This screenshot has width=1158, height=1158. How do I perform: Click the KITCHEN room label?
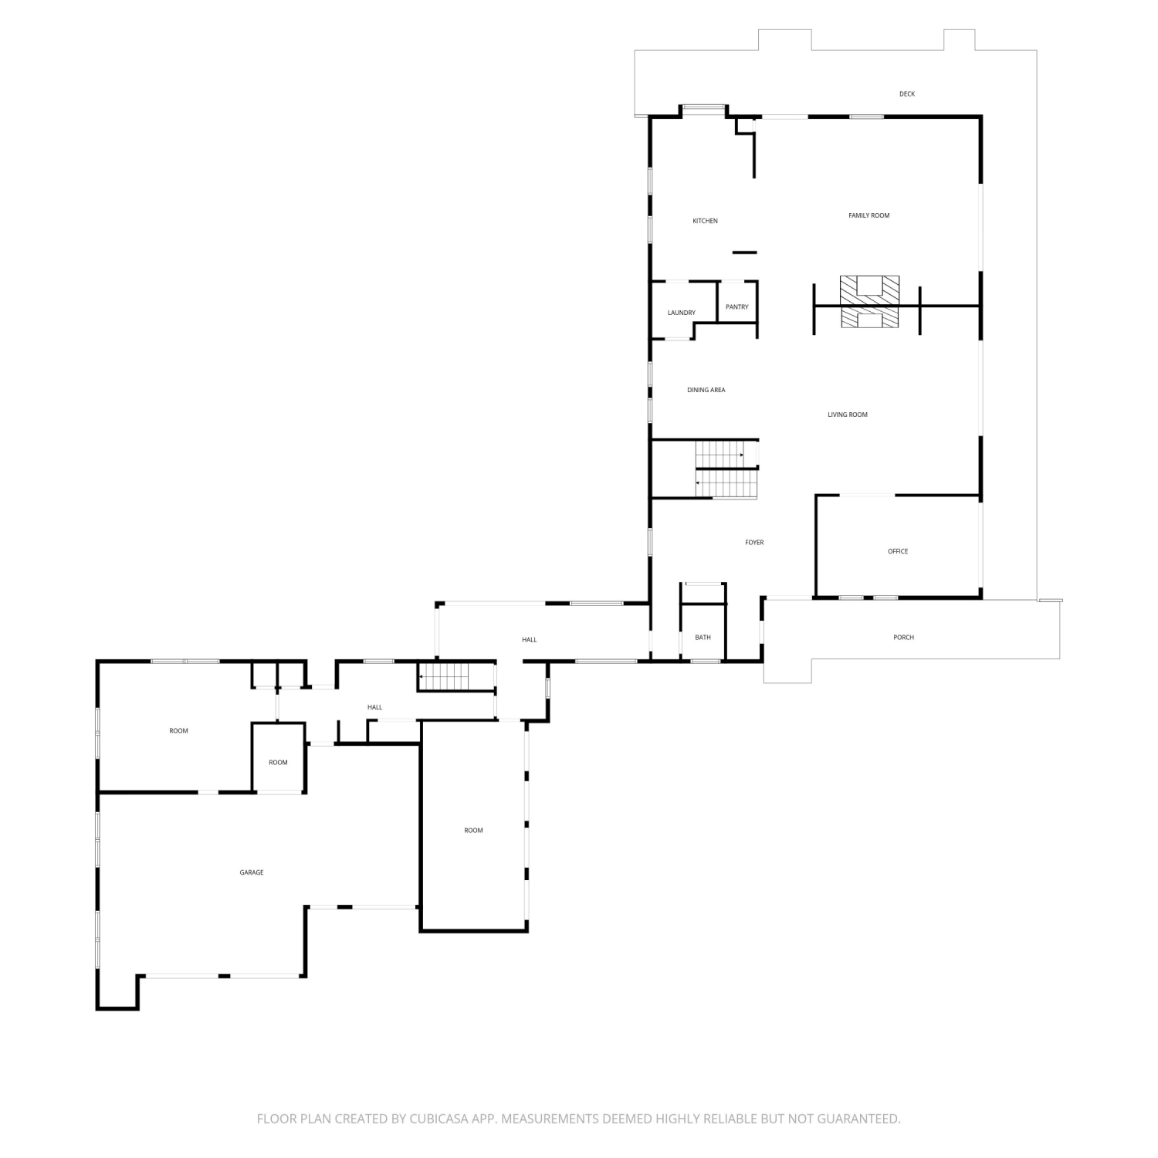coord(705,221)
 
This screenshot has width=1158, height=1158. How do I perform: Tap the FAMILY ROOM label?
coord(869,215)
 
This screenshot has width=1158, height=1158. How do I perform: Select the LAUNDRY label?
coord(682,313)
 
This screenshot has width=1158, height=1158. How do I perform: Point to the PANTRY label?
coord(737,306)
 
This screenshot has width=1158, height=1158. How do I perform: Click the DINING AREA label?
coord(706,390)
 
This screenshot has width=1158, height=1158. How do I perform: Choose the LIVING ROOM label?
coord(848,415)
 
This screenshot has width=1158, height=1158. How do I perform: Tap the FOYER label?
coord(754,543)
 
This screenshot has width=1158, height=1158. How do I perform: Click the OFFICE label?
coord(898,551)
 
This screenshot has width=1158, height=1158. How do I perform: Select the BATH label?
coord(703,637)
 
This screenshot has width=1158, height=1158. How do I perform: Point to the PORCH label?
coord(903,637)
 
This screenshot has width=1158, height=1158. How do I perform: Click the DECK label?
coord(907,94)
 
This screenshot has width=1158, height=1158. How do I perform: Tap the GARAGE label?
coord(252,872)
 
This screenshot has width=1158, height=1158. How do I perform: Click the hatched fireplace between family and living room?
coord(870,302)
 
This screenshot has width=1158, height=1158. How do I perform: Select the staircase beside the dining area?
coord(726,469)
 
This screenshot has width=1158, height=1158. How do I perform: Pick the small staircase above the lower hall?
coord(444,676)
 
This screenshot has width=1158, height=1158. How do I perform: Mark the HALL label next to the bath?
coord(529,639)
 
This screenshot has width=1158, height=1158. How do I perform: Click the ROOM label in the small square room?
coord(278,762)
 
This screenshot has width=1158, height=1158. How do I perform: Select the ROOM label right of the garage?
coord(473,830)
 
